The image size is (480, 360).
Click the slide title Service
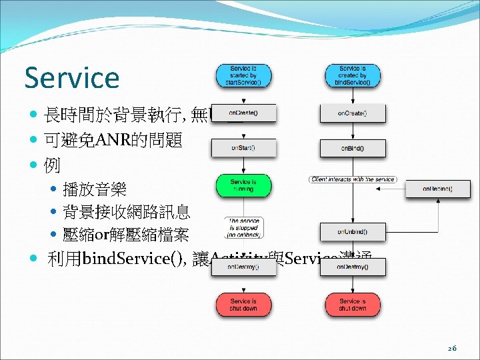[71, 77]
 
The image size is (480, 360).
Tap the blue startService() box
[243, 75]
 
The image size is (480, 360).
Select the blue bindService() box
[353, 75]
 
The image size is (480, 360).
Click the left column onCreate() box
[243, 113]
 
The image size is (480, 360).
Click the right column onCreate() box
[353, 113]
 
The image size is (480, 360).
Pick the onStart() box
[243, 148]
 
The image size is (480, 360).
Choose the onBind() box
[353, 148]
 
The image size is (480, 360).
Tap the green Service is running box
[243, 185]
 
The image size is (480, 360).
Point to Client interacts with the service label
[353, 179]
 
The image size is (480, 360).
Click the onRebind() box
[437, 189]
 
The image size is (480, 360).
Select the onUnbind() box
[353, 231]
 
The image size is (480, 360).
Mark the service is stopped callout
[243, 227]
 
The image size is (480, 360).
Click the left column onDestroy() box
[243, 267]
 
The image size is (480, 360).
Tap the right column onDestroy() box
[353, 267]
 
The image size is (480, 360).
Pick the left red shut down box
[243, 305]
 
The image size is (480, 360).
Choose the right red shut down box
[353, 305]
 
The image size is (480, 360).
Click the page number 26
[452, 348]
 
